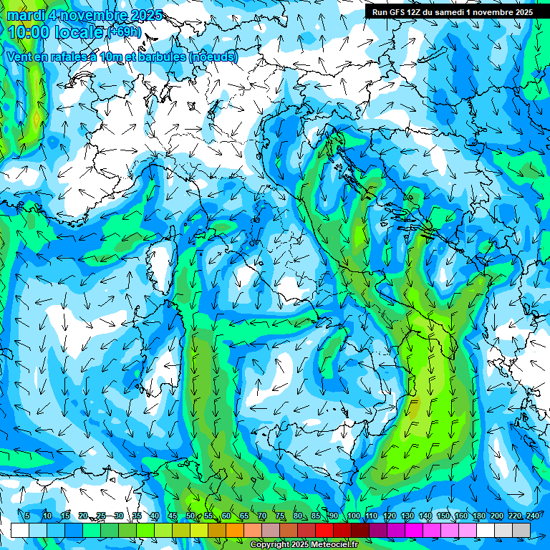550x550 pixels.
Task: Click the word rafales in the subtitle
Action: tap(75, 57)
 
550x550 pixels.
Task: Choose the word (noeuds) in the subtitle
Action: tap(213, 57)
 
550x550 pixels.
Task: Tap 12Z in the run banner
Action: tap(415, 12)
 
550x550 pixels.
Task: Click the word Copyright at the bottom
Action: tap(270, 545)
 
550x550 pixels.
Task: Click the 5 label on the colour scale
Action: tap(27, 516)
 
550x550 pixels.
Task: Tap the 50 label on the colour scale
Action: tap(190, 516)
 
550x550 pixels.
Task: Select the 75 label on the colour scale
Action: tap(280, 516)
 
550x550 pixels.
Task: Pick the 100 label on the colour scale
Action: tap(354, 516)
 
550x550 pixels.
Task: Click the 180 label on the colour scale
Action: tap(479, 516)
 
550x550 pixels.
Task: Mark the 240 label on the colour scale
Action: tap(533, 516)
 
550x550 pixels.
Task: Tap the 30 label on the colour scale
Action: tap(119, 516)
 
